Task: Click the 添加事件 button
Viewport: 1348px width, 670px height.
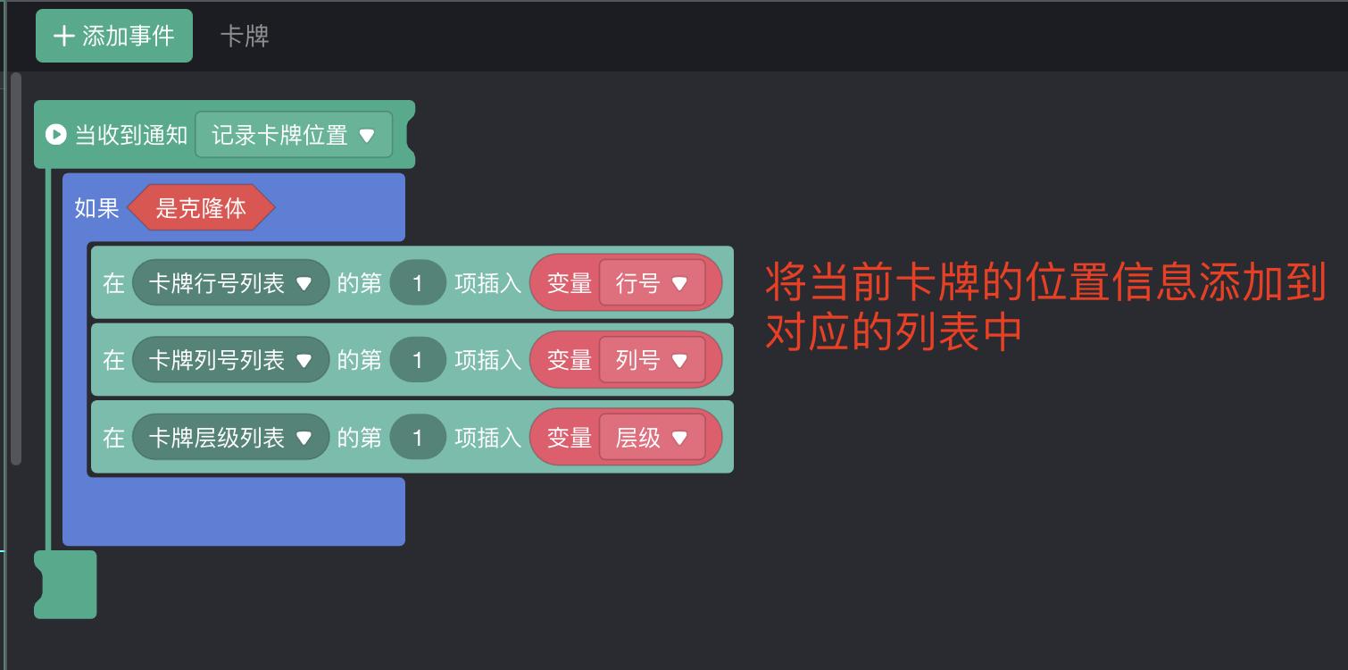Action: [x=114, y=36]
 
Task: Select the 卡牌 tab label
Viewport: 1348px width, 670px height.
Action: [x=245, y=36]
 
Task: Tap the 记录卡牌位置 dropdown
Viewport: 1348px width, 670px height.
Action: [x=293, y=135]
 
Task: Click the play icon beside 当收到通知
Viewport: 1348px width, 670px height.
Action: [x=55, y=135]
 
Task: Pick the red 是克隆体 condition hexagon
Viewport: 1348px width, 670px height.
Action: [x=201, y=208]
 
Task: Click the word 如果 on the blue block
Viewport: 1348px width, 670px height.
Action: [x=96, y=208]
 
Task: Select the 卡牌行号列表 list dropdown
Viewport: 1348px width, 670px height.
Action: [x=230, y=283]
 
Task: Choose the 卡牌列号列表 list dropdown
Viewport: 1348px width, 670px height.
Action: [x=230, y=360]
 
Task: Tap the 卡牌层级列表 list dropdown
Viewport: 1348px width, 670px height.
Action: [x=230, y=438]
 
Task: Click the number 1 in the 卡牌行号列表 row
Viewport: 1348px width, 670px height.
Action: [x=417, y=283]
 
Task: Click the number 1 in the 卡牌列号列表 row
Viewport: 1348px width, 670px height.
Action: [x=417, y=360]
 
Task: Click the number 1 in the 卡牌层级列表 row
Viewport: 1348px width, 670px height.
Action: [x=417, y=438]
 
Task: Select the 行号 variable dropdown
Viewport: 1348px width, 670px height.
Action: [x=652, y=283]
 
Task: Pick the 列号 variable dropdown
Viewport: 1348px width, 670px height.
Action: [x=652, y=360]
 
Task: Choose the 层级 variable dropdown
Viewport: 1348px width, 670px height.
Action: [x=652, y=438]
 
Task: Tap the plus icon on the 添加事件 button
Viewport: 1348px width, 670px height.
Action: [x=63, y=36]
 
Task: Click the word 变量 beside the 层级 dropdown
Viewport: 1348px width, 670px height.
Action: [x=569, y=438]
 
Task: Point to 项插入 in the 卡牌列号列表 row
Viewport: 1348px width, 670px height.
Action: [x=487, y=360]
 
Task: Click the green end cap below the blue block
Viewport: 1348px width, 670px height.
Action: [x=68, y=584]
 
